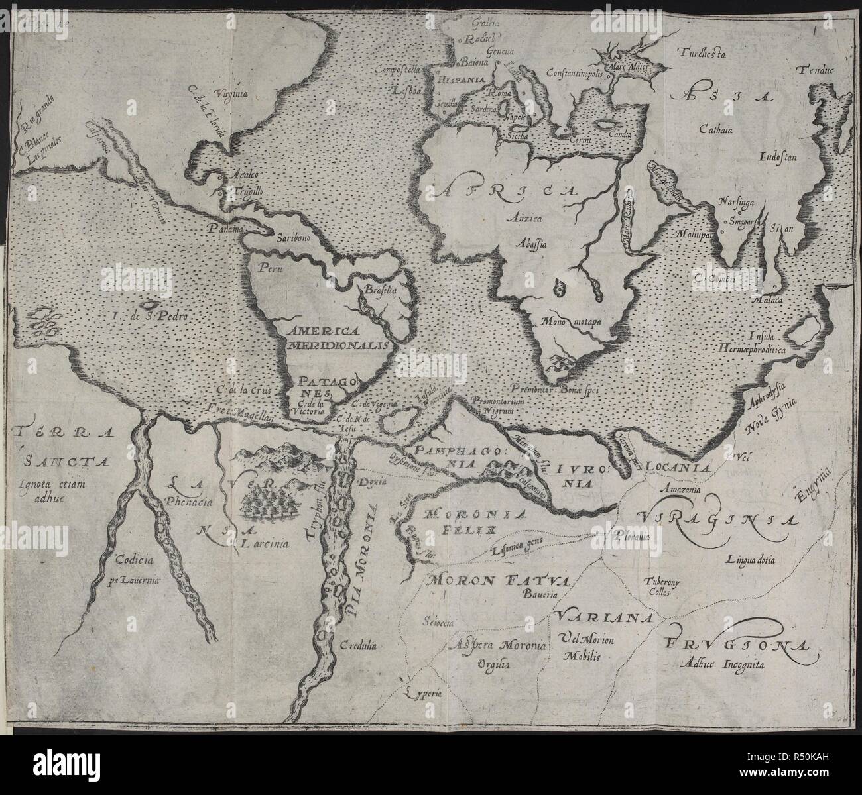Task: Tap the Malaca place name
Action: pyautogui.click(x=769, y=299)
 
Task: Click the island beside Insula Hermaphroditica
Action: pyautogui.click(x=808, y=329)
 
